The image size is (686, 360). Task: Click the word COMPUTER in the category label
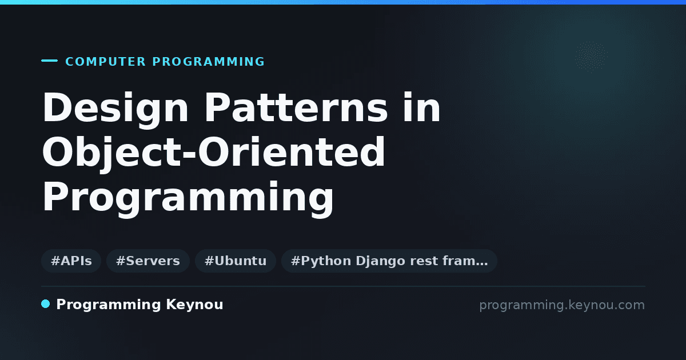click(105, 62)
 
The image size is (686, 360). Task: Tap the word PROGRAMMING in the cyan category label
click(208, 62)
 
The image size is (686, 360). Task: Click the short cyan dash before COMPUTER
click(49, 61)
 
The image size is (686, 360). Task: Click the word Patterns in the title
click(296, 107)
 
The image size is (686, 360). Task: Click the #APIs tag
click(71, 261)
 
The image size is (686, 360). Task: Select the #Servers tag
click(148, 261)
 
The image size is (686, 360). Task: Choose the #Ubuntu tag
click(236, 261)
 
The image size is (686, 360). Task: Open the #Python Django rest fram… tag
click(389, 261)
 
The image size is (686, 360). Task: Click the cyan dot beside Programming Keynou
click(45, 304)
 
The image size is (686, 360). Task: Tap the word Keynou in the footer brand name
click(194, 305)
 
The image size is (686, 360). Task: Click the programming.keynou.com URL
click(562, 305)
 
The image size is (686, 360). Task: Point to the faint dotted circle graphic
click(591, 57)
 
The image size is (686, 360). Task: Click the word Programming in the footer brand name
click(109, 305)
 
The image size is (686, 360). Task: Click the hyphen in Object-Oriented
click(189, 153)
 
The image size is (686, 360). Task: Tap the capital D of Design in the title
click(57, 107)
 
